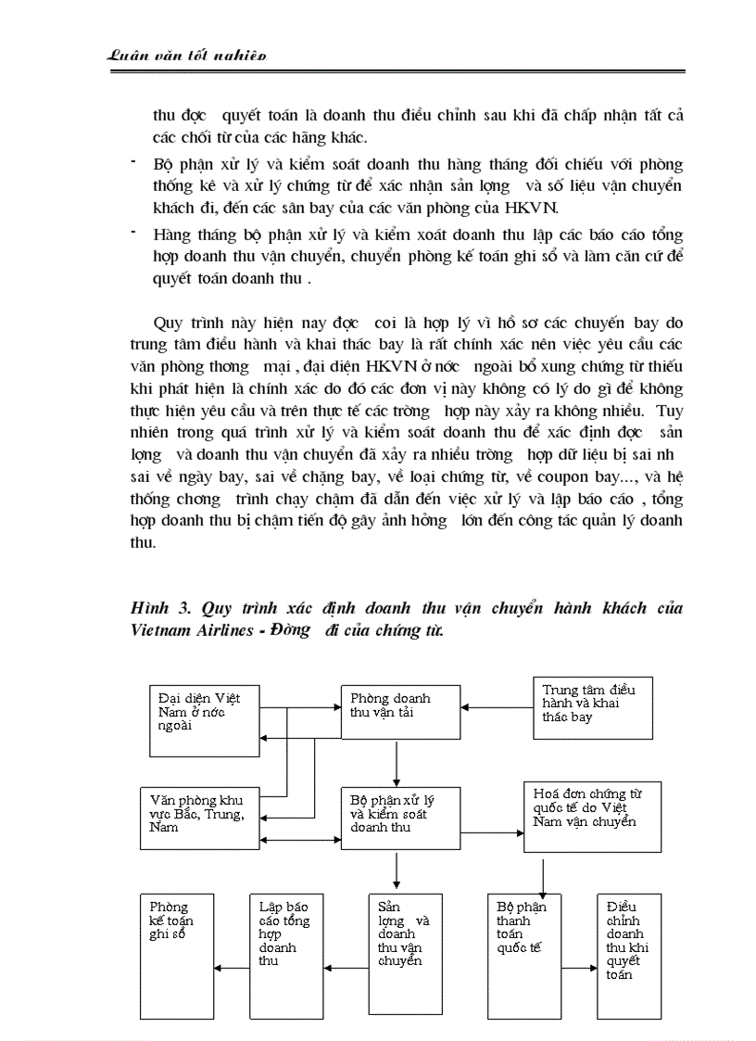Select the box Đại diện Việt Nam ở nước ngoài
point(205,719)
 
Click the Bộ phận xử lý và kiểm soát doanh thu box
point(399,817)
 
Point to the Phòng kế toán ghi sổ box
point(177,956)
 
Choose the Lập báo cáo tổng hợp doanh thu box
point(286,956)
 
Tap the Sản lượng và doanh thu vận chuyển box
point(404,956)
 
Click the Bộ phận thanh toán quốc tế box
point(524,956)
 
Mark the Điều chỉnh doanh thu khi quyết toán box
point(629,956)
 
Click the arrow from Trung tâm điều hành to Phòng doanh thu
point(497,708)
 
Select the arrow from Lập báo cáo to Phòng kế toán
point(232,969)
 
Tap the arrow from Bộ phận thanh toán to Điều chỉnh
point(579,969)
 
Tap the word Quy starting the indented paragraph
point(168,324)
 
